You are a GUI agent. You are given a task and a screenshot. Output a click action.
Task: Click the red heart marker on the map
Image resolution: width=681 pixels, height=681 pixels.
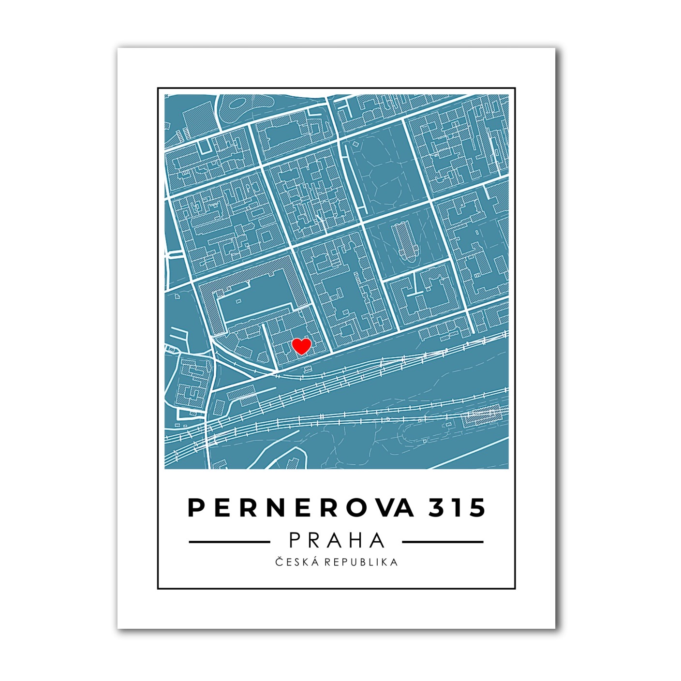click(x=301, y=346)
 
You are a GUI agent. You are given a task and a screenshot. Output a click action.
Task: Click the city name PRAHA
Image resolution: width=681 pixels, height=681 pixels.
click(x=337, y=540)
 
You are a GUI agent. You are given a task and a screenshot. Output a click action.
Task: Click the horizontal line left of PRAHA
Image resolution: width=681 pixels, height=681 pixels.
click(x=229, y=542)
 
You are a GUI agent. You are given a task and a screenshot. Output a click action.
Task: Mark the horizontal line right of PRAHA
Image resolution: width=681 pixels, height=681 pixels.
click(x=443, y=542)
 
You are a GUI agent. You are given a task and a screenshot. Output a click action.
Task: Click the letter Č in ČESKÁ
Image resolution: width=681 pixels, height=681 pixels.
click(x=280, y=562)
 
